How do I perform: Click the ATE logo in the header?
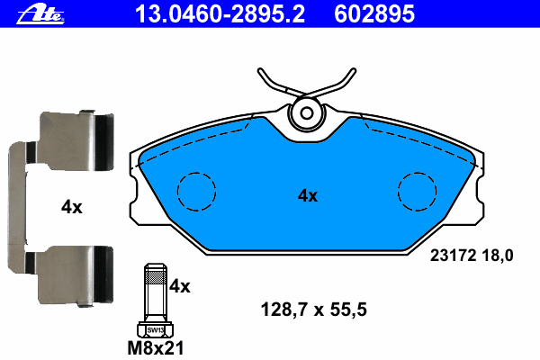point(40,15)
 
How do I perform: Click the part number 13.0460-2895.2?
point(220,14)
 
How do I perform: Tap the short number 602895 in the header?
point(374,14)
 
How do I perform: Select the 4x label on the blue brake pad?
point(308,195)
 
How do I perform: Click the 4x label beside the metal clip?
point(72,207)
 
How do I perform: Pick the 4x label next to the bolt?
point(179,286)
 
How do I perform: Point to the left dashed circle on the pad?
point(196,173)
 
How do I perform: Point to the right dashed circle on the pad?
point(417,173)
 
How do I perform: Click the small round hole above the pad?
point(306,113)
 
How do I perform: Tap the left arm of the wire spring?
point(275,85)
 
